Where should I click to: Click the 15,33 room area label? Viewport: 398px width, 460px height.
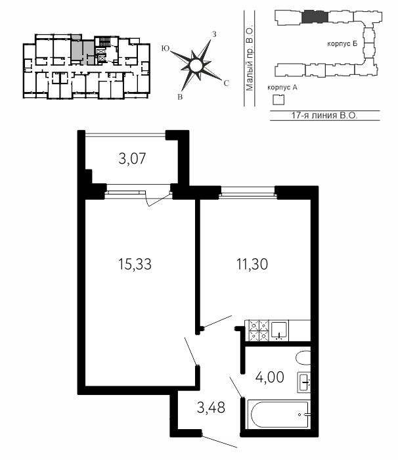pos(135,264)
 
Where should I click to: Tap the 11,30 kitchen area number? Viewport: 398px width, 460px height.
pos(252,264)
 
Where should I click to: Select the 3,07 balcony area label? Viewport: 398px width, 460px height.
pos(132,159)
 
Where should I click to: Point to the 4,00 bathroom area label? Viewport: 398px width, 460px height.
pos(269,377)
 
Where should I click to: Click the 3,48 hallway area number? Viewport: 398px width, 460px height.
pos(211,407)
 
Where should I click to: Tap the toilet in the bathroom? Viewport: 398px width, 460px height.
pos(303,357)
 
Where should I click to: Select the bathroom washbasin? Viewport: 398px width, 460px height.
pos(304,382)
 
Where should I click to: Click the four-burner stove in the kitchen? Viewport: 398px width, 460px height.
pos(259,331)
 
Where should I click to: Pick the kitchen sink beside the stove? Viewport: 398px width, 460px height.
pos(280,331)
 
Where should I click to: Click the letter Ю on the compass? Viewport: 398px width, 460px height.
pos(166,49)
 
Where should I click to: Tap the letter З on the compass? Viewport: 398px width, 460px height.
pos(214,34)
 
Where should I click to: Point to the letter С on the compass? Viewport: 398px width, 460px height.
pos(226,83)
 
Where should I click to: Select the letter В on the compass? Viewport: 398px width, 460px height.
pos(180,97)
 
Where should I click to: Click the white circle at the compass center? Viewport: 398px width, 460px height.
pos(195,66)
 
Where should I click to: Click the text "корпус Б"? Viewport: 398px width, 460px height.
pos(342,44)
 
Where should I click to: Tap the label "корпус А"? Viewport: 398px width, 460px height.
pos(282,87)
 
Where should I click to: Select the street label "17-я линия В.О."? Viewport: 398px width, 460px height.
pos(324,115)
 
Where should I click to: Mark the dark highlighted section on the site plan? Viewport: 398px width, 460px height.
pos(315,16)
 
